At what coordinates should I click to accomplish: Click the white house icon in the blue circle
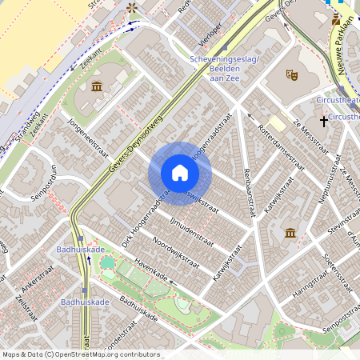tap(180, 173)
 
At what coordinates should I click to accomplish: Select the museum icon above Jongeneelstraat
tap(97, 86)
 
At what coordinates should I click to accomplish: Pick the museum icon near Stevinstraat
tap(290, 232)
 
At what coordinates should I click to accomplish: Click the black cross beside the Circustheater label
tap(324, 121)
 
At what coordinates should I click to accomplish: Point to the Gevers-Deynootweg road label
tap(146, 135)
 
